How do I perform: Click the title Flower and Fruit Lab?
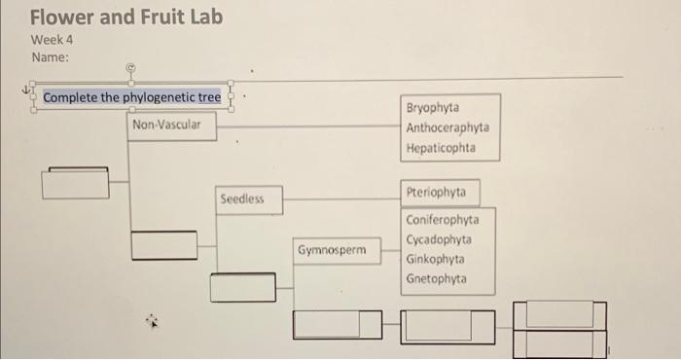(x=126, y=18)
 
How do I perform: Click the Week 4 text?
(x=53, y=40)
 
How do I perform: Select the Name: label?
(x=51, y=57)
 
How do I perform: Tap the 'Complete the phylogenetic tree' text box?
(x=131, y=97)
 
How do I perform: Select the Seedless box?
(x=248, y=198)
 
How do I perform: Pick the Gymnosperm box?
(x=333, y=250)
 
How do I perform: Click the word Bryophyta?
(x=433, y=108)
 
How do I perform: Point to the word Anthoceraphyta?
(x=448, y=127)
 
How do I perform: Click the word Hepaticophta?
(x=441, y=148)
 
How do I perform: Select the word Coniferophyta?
(x=443, y=220)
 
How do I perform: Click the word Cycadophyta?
(x=440, y=239)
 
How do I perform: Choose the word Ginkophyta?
(x=435, y=260)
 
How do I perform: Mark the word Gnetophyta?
(x=436, y=279)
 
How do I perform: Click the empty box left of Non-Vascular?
(x=75, y=183)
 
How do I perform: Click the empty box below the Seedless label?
(x=242, y=287)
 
